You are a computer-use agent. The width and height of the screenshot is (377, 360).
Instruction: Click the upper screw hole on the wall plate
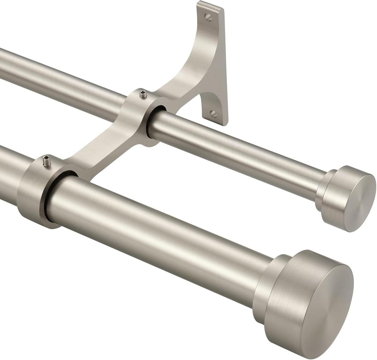(208, 17)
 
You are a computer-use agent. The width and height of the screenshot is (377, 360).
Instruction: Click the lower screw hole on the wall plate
(213, 114)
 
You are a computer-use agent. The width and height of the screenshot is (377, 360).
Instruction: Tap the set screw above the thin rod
(143, 94)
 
